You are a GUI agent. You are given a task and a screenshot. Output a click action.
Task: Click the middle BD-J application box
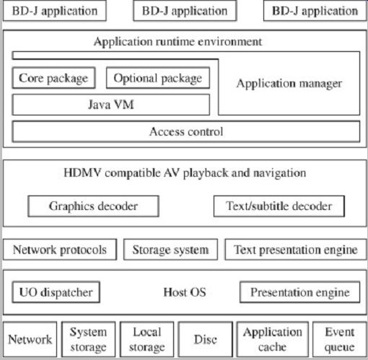(185, 11)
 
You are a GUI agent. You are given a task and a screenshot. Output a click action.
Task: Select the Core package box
(54, 78)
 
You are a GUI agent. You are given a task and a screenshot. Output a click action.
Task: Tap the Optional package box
(158, 78)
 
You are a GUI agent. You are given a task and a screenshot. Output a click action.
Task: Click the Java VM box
(111, 105)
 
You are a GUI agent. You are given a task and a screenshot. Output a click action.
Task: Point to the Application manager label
(289, 84)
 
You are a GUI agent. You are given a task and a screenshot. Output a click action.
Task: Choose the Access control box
(186, 131)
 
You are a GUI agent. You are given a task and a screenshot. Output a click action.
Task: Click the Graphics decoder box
(93, 206)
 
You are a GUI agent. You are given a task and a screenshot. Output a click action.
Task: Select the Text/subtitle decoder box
(279, 206)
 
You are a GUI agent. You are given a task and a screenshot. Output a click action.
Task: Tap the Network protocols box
(60, 250)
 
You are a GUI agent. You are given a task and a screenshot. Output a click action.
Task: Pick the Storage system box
(170, 250)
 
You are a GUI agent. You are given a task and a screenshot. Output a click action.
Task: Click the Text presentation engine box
(296, 250)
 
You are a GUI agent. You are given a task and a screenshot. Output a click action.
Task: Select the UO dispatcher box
(56, 292)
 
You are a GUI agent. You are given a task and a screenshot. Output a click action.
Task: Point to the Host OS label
(185, 292)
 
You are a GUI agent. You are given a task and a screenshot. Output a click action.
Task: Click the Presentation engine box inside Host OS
(300, 292)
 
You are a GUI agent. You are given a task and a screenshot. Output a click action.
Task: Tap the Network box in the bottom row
(30, 339)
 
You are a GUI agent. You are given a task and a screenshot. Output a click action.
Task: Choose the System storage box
(89, 339)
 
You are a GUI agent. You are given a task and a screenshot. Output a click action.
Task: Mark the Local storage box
(147, 339)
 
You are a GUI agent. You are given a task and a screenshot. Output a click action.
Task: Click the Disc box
(206, 339)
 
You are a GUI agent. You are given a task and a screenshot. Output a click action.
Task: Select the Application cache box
(273, 339)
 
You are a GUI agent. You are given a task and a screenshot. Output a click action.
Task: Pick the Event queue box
(340, 339)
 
